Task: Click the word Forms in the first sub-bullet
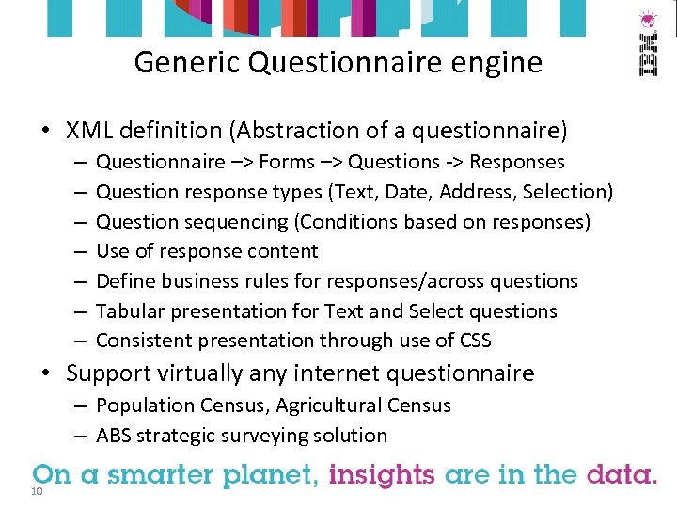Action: click(x=287, y=162)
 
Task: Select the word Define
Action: click(x=126, y=281)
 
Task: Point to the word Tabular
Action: click(x=130, y=311)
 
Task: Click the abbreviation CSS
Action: click(x=472, y=341)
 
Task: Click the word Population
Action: click(x=142, y=405)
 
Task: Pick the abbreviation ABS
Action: click(x=114, y=436)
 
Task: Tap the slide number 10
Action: click(x=38, y=493)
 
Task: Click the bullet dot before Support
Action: click(x=45, y=373)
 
